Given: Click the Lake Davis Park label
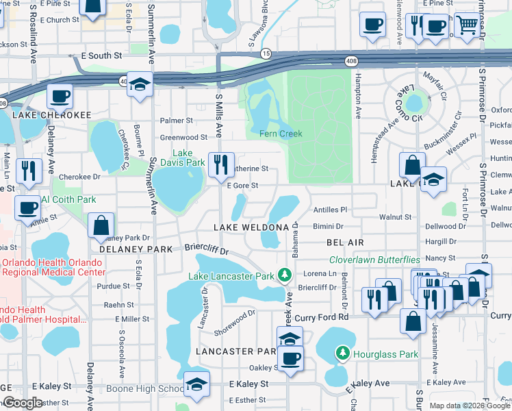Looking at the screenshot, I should tap(188, 158).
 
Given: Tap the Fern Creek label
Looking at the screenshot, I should tap(281, 134).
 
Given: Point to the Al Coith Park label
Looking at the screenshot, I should tap(68, 199).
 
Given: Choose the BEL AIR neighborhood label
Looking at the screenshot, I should tap(345, 242).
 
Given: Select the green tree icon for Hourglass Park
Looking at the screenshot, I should tap(343, 353).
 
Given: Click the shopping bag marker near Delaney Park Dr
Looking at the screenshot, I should tap(101, 225).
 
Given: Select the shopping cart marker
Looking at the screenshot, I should tap(467, 25).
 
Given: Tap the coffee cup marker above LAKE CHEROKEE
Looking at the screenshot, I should tap(60, 97).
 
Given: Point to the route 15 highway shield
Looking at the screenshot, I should tap(266, 53).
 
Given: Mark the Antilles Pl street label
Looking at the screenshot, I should tap(330, 210).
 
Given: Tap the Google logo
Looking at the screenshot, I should tap(22, 403).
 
